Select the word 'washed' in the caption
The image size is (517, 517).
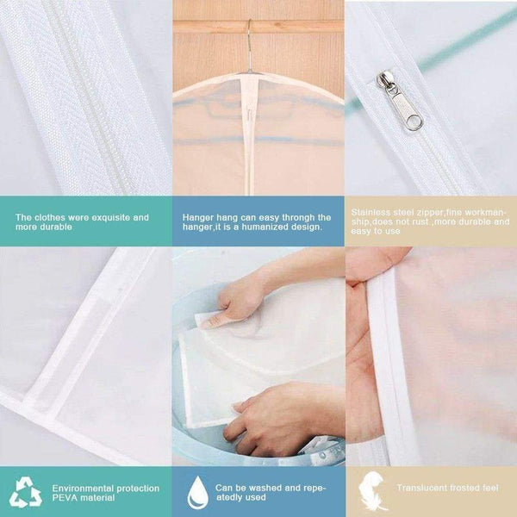[x=257, y=487]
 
